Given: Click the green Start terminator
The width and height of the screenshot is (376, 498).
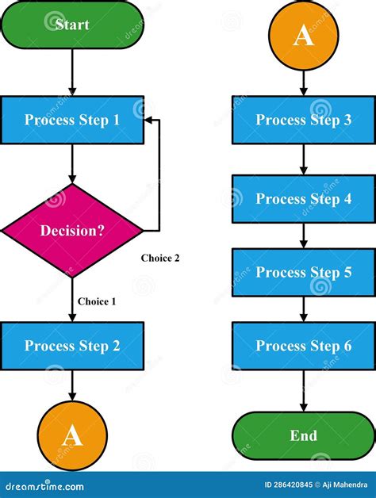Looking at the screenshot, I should click(72, 24).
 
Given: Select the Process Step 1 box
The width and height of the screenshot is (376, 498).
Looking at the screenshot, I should click(72, 121).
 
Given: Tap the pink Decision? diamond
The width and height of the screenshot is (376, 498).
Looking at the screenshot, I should click(72, 231).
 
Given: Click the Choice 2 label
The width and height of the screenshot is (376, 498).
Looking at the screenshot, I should click(160, 258).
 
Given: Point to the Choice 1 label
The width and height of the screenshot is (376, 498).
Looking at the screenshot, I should click(97, 301).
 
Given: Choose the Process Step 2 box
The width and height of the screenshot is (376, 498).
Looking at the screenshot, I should click(72, 346).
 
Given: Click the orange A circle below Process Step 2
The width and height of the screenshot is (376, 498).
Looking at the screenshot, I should click(72, 435).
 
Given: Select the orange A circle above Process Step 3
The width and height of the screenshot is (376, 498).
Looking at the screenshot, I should click(304, 36).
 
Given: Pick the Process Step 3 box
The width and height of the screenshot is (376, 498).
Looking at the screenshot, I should click(304, 121).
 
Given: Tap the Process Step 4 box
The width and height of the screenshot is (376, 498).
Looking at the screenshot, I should click(304, 199).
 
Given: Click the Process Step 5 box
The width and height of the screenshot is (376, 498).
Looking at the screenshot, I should click(304, 273).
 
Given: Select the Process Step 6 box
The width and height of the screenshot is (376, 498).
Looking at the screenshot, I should click(304, 346).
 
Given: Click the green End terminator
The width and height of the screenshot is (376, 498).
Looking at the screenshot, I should click(304, 435).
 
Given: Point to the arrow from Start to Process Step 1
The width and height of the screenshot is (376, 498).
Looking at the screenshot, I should click(72, 71).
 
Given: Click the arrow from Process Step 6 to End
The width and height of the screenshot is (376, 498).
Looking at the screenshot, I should click(304, 392).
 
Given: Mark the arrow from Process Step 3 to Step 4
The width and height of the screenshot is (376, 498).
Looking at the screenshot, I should click(304, 159).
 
